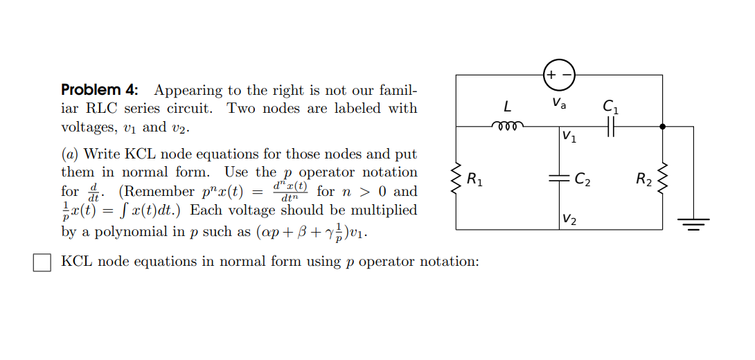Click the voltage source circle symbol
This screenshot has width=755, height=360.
(559, 75)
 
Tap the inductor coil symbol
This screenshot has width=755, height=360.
(508, 127)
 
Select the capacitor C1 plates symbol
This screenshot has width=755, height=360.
(611, 127)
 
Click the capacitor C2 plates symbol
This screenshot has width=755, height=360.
(560, 178)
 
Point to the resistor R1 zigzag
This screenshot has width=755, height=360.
(456, 179)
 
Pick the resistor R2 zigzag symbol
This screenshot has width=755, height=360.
(662, 179)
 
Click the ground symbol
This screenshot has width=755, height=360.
(693, 222)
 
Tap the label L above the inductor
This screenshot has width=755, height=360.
(508, 107)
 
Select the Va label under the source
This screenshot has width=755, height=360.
(559, 104)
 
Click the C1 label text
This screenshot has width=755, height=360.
(611, 107)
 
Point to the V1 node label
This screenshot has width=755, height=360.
(569, 136)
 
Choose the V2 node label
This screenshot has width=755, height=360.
(569, 220)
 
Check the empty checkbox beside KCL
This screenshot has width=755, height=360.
(42, 262)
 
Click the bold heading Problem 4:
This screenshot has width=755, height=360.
(100, 90)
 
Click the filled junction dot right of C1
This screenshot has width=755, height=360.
(662, 127)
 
